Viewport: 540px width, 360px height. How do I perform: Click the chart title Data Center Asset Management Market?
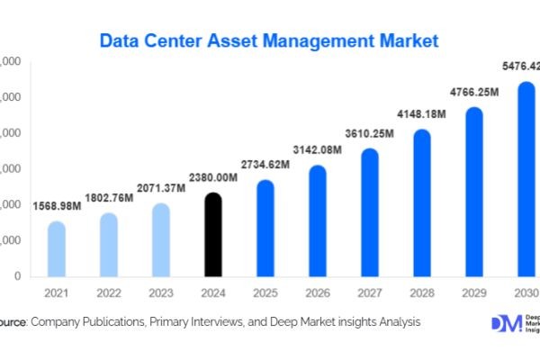pyautogui.click(x=270, y=40)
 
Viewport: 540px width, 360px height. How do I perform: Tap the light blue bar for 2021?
pyautogui.click(x=57, y=249)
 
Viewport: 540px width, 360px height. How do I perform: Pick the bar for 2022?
pyautogui.click(x=108, y=245)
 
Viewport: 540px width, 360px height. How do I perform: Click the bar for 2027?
pyautogui.click(x=370, y=212)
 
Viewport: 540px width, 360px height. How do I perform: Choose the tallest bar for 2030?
pyautogui.click(x=526, y=179)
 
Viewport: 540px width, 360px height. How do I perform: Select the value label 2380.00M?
pyautogui.click(x=212, y=178)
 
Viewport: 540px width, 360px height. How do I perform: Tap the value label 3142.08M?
pyautogui.click(x=318, y=149)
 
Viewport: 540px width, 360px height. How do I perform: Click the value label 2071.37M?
pyautogui.click(x=161, y=187)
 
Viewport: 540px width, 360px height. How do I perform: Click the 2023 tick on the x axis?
pyautogui.click(x=160, y=293)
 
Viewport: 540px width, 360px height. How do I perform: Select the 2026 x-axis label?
pyautogui.click(x=317, y=293)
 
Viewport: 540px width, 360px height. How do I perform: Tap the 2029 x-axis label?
pyautogui.click(x=473, y=293)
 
